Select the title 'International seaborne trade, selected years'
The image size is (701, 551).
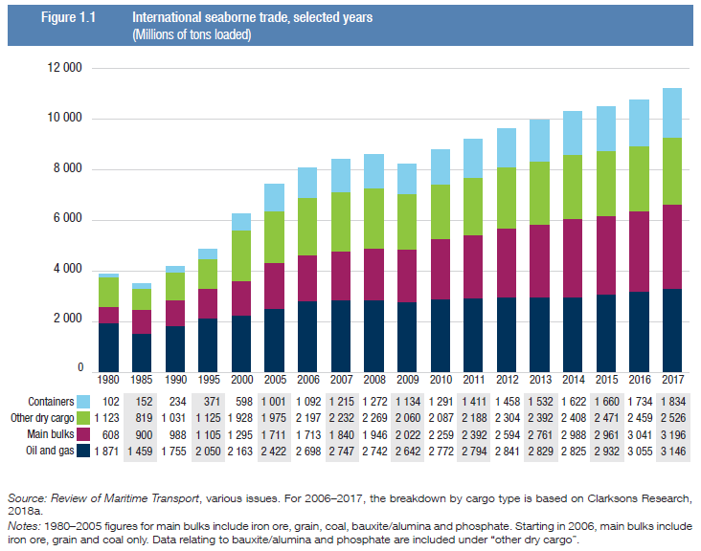click(250, 18)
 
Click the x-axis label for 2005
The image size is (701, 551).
click(274, 379)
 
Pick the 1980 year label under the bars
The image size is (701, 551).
click(108, 379)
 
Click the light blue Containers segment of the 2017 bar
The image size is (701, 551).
click(672, 113)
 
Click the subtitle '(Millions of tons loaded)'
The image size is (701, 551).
click(192, 35)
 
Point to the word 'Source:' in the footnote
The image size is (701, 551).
click(27, 500)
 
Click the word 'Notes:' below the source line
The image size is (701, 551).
click(26, 525)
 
